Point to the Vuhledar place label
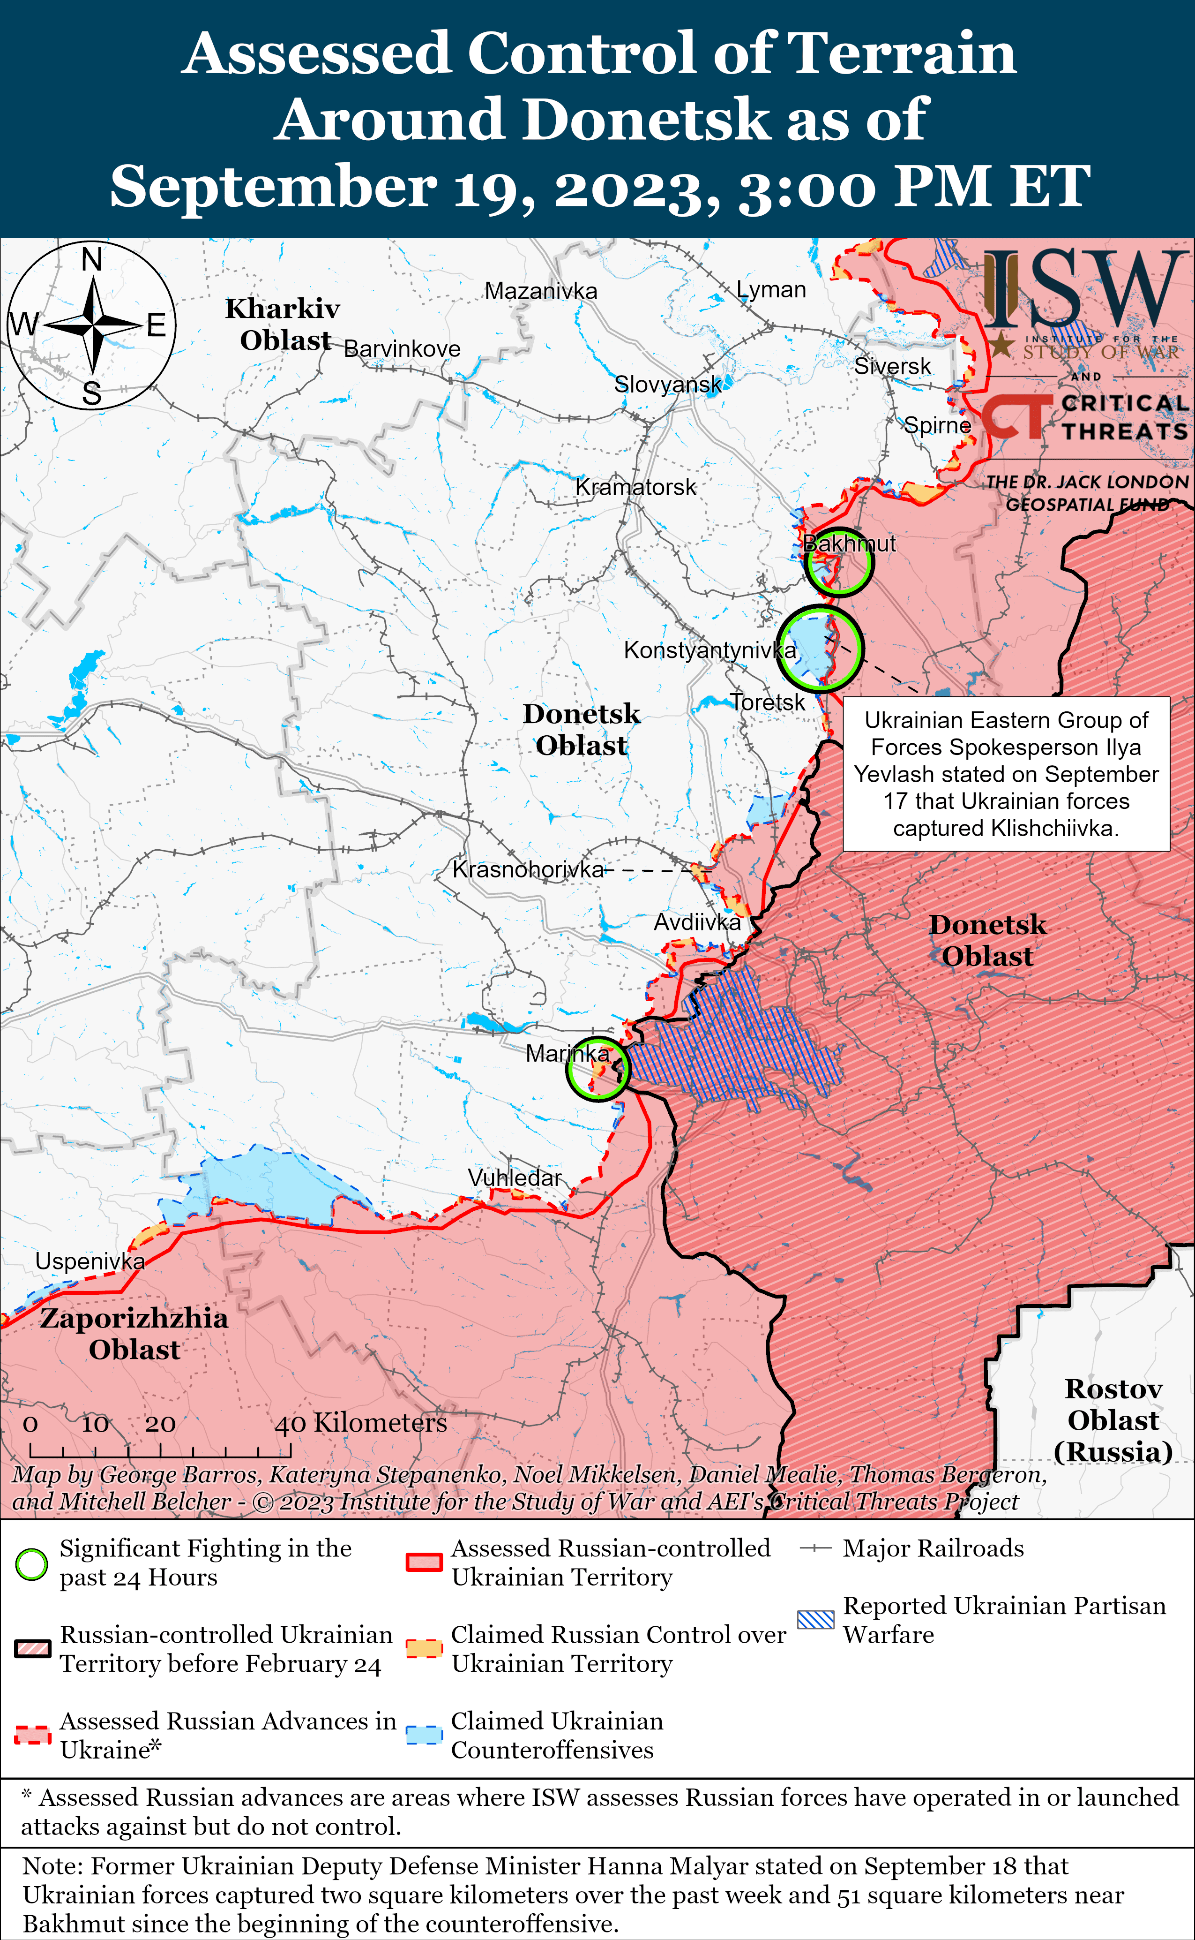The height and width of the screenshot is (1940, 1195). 515,1178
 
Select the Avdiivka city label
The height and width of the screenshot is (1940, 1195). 697,922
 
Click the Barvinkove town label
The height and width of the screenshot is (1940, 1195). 402,349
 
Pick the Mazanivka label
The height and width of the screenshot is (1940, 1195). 541,291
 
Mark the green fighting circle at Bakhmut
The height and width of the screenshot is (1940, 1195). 838,561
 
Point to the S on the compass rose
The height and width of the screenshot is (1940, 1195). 92,393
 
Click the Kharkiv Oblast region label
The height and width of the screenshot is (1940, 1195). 283,324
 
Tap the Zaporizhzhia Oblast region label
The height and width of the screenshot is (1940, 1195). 134,1333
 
